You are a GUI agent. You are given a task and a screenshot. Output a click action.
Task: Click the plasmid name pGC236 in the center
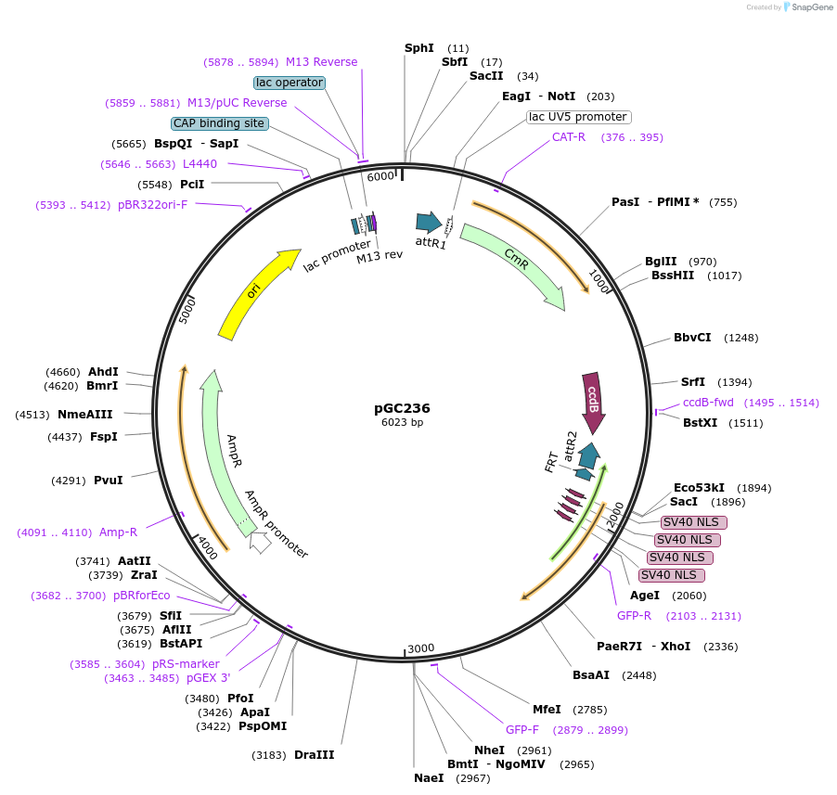(402, 407)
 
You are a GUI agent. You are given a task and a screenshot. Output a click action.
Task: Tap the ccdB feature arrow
(593, 402)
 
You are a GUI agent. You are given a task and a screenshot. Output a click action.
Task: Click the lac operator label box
(290, 83)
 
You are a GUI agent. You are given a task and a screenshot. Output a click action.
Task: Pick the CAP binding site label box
(219, 123)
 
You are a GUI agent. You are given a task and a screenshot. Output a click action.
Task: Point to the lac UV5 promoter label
(578, 117)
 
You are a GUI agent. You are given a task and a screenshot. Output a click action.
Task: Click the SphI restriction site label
(419, 47)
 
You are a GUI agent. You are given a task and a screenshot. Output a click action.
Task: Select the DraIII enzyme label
(314, 755)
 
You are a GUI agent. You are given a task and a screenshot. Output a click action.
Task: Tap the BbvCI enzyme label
(692, 337)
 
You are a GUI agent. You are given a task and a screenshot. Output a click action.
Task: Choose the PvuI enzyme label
(109, 481)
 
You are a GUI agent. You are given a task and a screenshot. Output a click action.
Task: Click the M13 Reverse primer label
(321, 62)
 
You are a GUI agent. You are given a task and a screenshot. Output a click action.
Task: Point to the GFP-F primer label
(522, 730)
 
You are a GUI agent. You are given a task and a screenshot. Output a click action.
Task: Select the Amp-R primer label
(118, 532)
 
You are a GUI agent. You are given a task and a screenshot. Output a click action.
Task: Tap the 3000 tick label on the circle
(420, 648)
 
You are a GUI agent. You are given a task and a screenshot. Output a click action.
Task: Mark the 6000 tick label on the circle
(380, 176)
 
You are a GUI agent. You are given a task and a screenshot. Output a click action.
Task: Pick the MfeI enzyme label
(547, 710)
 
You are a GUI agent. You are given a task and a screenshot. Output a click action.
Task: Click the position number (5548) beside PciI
(155, 185)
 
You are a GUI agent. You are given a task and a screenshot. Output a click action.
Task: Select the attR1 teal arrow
(429, 222)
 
